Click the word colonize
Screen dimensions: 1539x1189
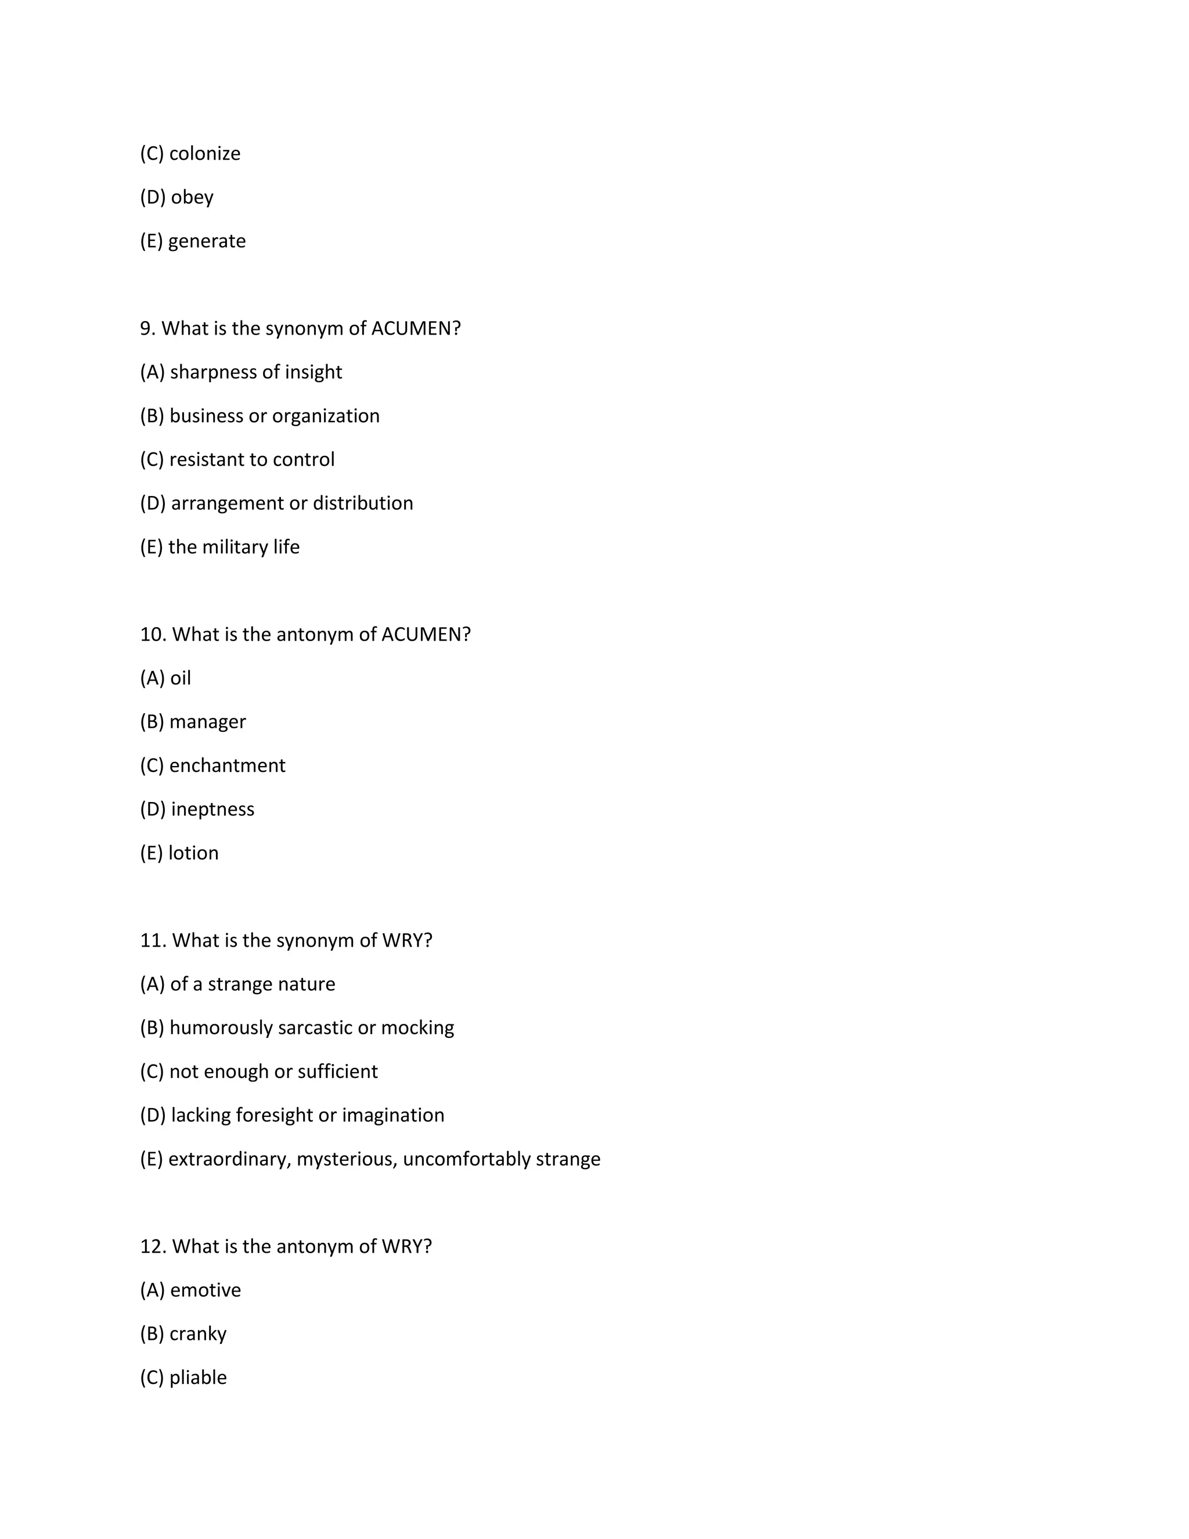204,154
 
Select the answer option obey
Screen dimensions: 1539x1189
192,197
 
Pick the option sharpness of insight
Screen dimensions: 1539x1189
255,372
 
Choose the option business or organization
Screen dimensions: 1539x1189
274,416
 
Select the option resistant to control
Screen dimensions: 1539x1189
251,459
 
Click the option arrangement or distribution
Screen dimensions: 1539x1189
291,503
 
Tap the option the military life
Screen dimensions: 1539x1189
234,547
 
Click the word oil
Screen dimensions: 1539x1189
181,678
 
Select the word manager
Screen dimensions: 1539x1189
207,721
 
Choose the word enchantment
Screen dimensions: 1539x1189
227,765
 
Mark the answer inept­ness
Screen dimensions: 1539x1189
212,809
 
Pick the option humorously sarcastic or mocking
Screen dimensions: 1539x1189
311,1027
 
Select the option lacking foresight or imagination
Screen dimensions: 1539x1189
307,1115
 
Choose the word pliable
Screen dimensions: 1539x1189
198,1377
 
